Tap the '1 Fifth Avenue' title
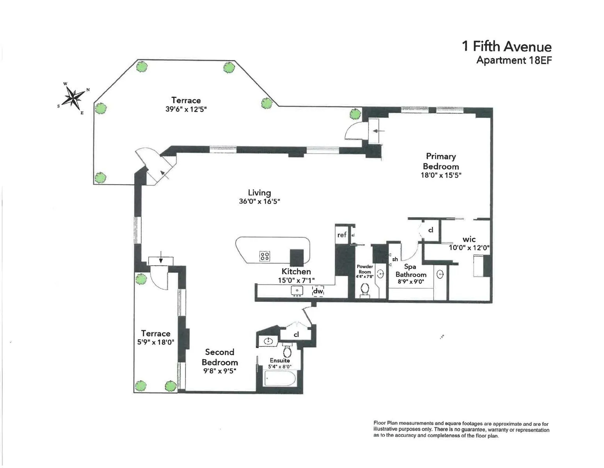point(506,47)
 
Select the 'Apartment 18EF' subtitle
point(514,60)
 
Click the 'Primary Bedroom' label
point(441,161)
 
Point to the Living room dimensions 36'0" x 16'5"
point(259,202)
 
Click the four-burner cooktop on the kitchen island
point(265,256)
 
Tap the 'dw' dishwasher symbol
point(318,291)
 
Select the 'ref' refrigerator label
point(342,235)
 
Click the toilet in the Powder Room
point(365,290)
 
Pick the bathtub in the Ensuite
point(280,378)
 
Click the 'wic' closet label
point(469,239)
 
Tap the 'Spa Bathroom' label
point(410,271)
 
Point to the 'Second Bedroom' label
point(219,357)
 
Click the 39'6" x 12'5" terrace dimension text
point(186,110)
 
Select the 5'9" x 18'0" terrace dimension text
point(155,342)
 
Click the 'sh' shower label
point(395,259)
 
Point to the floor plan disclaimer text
point(461,430)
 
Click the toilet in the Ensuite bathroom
point(288,351)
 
